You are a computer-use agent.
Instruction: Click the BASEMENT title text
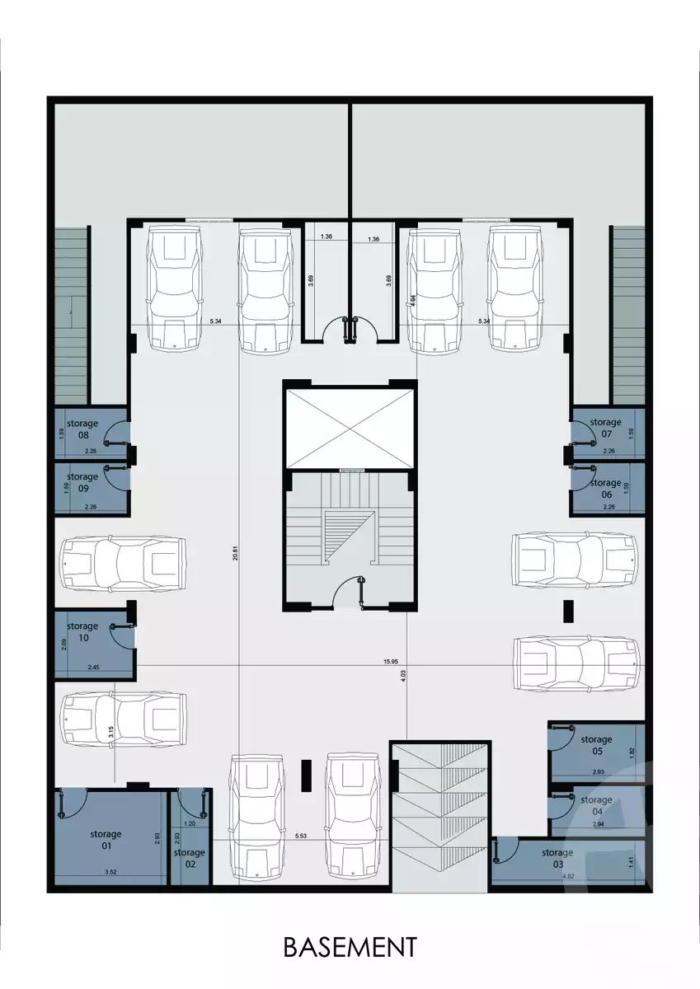(350, 947)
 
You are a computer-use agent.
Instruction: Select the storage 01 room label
(106, 840)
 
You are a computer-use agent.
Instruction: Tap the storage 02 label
(190, 858)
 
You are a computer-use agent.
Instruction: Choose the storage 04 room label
(596, 804)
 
